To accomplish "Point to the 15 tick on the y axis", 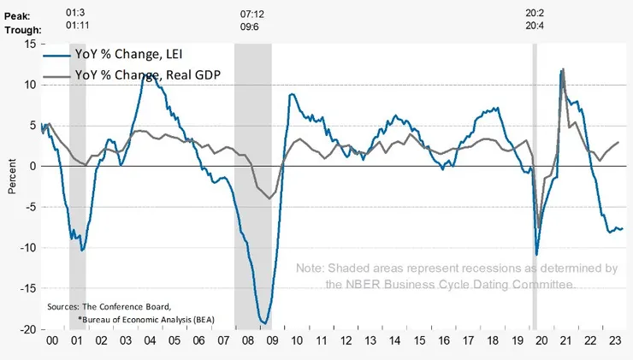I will pyautogui.click(x=30, y=44).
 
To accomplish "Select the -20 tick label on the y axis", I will pyautogui.click(x=27, y=329).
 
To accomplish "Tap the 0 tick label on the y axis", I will pyautogui.click(x=32, y=166).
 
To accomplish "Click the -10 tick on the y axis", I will pyautogui.click(x=27, y=248).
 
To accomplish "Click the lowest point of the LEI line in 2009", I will pyautogui.click(x=265, y=323).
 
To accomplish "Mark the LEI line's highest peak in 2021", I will pyautogui.click(x=562, y=69).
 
